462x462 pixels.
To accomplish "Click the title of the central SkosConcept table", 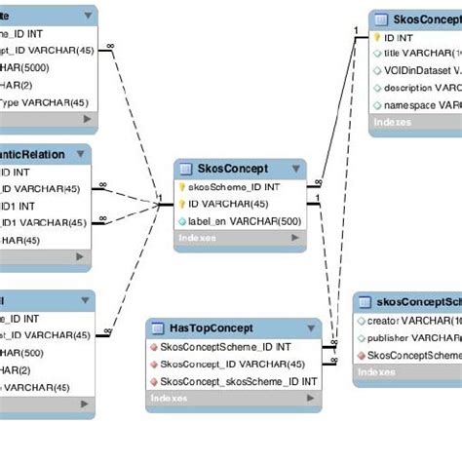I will coord(234,168).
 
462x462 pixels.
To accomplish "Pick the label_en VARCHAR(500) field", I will coord(245,221).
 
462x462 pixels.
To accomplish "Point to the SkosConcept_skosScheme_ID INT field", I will coord(239,381).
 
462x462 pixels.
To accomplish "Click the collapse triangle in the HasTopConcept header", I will coord(313,327).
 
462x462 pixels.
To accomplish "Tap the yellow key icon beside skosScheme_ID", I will coord(182,186).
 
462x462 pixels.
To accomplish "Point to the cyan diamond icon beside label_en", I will coord(182,221).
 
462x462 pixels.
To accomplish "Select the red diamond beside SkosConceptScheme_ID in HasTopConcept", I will coord(153,346).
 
